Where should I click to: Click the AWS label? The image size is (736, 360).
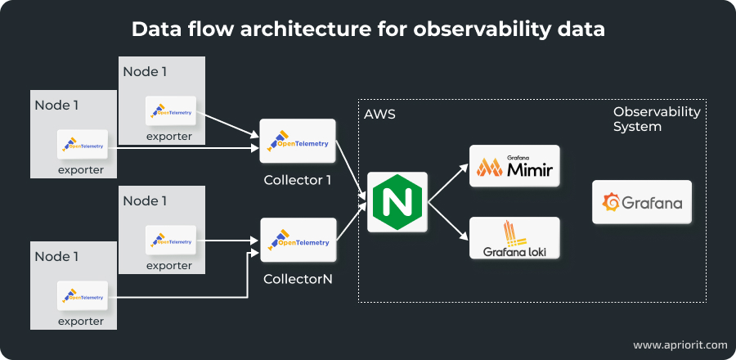[379, 115]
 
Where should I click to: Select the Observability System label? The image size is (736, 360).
[657, 119]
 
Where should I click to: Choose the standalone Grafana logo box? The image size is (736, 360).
[642, 202]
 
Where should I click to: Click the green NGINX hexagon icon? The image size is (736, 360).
[397, 201]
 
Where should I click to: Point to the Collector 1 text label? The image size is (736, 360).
[297, 179]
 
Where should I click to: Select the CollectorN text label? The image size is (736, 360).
[297, 279]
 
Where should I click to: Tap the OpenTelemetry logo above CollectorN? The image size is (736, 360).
[298, 242]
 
